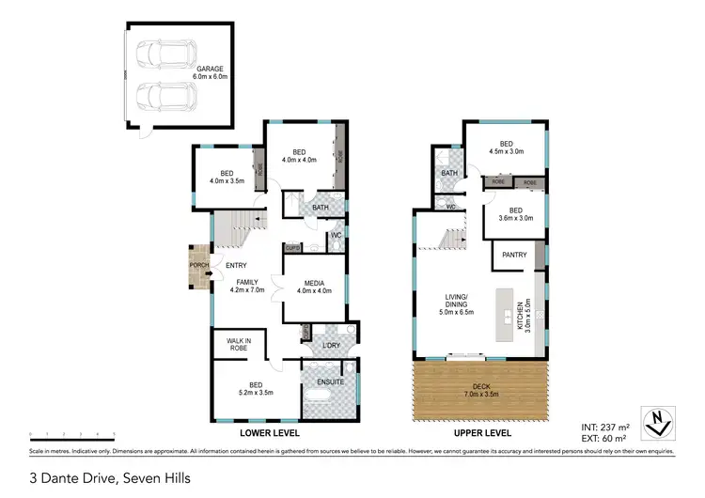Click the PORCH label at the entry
tap(199, 266)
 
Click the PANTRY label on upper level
tap(513, 254)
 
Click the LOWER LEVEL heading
tap(269, 433)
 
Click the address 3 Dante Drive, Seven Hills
tap(110, 478)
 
